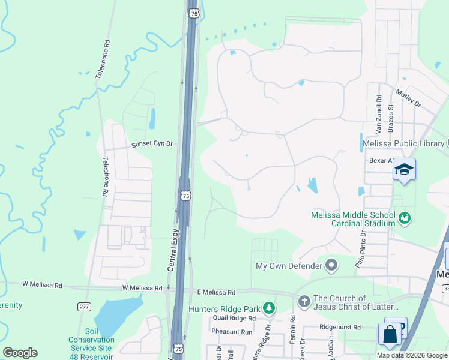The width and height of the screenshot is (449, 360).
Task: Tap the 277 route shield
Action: click(x=85, y=307)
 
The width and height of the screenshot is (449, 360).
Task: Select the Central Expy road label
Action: click(x=173, y=249)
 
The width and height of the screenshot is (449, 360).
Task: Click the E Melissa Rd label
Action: click(x=216, y=292)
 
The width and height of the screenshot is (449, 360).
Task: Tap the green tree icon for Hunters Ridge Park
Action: click(x=270, y=309)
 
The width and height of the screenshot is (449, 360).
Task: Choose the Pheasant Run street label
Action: click(x=231, y=332)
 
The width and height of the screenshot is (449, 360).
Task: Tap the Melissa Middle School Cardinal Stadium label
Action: click(x=353, y=219)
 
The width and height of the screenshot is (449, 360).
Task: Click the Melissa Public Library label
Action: click(x=403, y=143)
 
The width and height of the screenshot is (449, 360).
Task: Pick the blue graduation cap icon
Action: click(x=404, y=170)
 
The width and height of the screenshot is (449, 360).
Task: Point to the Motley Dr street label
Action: click(x=408, y=97)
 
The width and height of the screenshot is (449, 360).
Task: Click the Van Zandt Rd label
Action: click(x=379, y=114)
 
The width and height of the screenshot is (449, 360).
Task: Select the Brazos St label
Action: click(x=390, y=118)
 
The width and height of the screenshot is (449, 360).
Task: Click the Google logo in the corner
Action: click(x=20, y=353)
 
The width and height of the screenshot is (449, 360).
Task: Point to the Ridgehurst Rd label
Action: click(x=340, y=327)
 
